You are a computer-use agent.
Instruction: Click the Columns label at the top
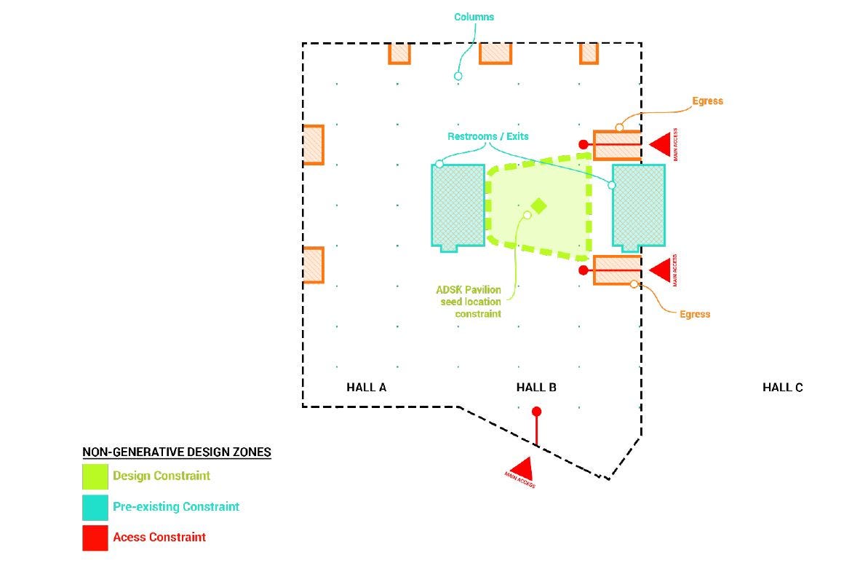[474, 16]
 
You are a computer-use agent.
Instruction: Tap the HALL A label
[366, 388]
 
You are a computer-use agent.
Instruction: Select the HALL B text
[536, 388]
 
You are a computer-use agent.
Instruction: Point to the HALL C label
[782, 388]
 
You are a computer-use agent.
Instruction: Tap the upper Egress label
[707, 101]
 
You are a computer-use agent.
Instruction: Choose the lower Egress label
[695, 314]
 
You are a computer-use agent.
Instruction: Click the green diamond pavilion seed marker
[538, 205]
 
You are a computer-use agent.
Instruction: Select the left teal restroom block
[458, 206]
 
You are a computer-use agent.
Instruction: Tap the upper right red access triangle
[660, 144]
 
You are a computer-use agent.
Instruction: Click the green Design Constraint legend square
[95, 476]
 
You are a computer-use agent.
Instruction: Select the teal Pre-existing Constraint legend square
[95, 507]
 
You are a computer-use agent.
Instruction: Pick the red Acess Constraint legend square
[95, 538]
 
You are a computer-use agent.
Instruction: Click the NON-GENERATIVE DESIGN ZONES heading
[177, 452]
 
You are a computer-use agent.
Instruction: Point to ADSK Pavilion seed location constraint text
[469, 302]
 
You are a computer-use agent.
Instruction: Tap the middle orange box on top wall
[495, 53]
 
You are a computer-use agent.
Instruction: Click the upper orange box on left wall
[314, 144]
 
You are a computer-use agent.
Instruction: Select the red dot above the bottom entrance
[536, 412]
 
